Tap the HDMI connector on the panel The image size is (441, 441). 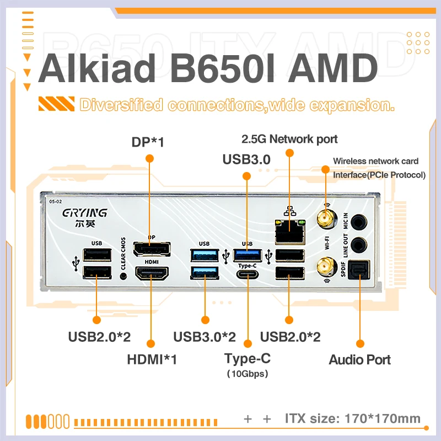click(152, 275)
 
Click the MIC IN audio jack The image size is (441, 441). click(359, 222)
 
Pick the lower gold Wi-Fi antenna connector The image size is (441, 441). click(325, 268)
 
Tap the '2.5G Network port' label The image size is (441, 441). click(289, 139)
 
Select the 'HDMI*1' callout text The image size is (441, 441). click(152, 359)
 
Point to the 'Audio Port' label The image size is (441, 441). click(359, 360)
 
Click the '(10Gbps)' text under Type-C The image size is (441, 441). click(248, 374)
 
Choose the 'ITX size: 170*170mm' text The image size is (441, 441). click(353, 418)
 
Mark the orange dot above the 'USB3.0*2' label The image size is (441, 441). click(205, 319)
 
